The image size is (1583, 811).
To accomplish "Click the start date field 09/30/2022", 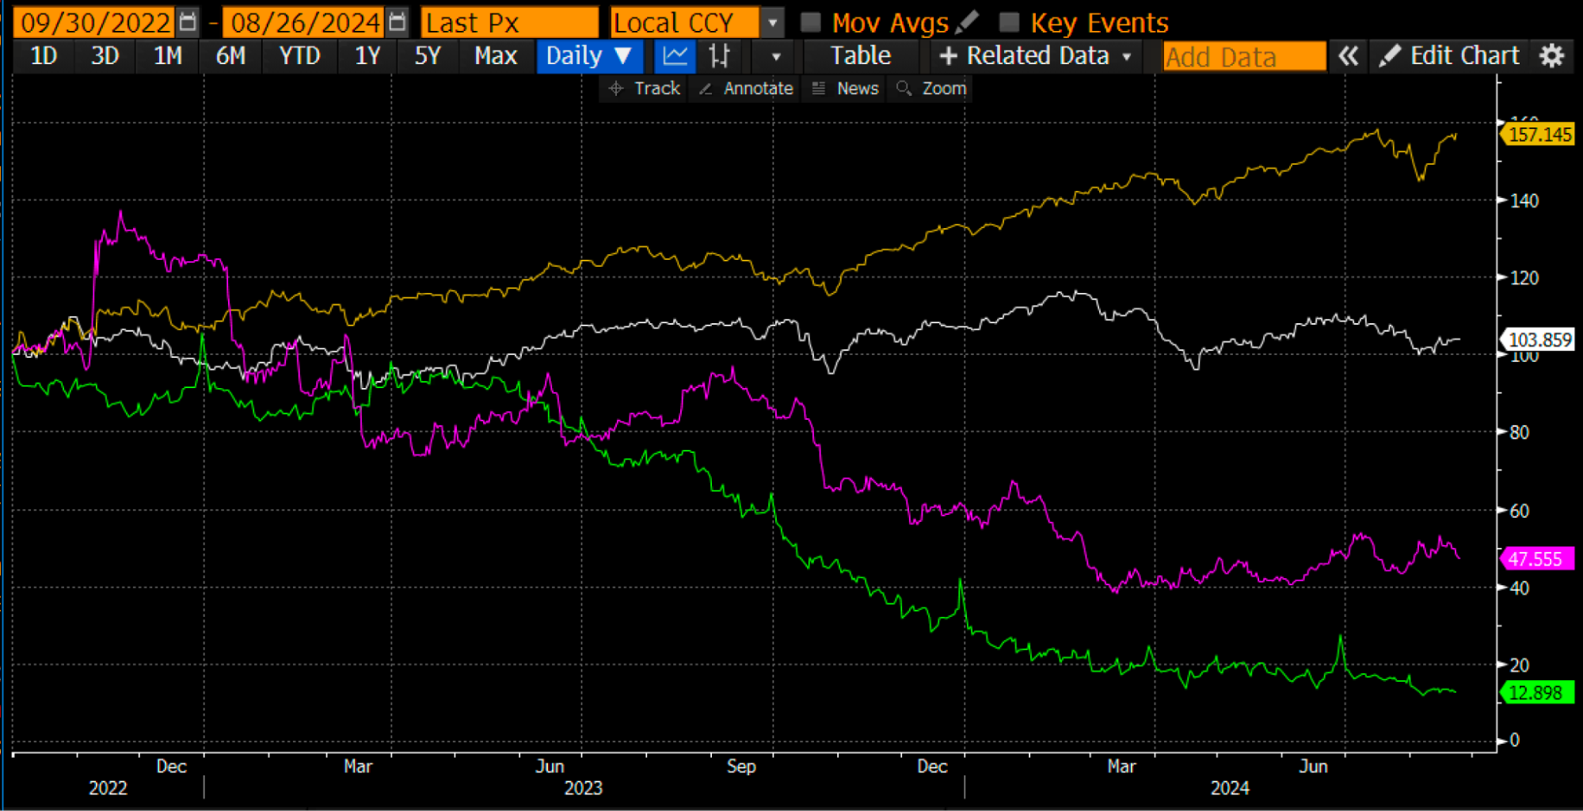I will point(95,22).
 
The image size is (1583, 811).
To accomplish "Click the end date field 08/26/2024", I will point(305,22).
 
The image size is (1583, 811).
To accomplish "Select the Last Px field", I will point(508,22).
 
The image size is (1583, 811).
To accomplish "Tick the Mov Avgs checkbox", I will point(810,22).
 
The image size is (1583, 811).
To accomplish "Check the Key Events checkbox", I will point(1009,22).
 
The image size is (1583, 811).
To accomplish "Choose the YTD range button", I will point(299,56).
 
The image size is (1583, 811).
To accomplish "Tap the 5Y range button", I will point(427,56).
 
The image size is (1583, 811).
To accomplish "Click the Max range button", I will point(495,56).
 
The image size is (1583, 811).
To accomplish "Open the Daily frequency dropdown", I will point(588,56).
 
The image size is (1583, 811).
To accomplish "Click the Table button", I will point(860,56).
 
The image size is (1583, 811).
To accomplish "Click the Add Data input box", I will point(1243,57).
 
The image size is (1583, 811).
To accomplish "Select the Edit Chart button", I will point(1451,56).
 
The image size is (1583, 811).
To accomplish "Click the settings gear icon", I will point(1551,56).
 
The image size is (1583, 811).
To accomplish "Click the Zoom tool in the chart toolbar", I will point(932,89).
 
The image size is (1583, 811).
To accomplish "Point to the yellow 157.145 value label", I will point(1539,135).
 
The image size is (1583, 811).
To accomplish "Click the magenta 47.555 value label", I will point(1535,559).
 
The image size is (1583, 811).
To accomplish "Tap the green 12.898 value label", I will point(1535,693).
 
